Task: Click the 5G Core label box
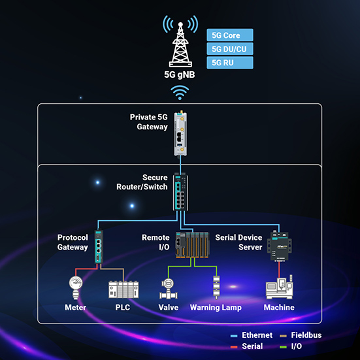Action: click(x=229, y=35)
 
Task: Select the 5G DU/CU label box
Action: click(x=229, y=49)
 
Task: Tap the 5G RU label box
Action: click(x=229, y=63)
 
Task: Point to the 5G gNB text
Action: click(x=181, y=74)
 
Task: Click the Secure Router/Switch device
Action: click(x=181, y=191)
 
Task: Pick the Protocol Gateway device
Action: click(x=98, y=248)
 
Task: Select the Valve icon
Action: click(x=168, y=289)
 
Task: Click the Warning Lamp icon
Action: click(x=216, y=288)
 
